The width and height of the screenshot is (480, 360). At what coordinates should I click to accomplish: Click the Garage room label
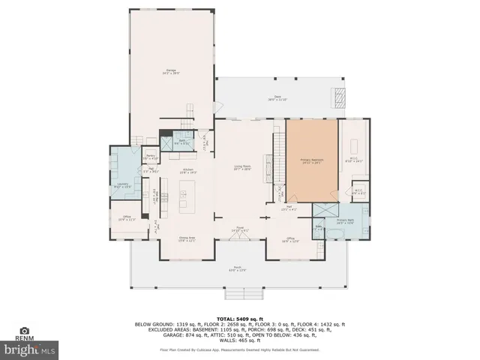172,72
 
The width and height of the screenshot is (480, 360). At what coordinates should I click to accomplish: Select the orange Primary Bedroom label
311,160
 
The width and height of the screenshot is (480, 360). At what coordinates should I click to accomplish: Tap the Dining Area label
187,239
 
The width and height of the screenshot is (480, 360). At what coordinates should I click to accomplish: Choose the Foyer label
241,229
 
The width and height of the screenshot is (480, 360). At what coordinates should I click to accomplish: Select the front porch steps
238,293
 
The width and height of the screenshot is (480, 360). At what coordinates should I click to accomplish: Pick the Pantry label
151,157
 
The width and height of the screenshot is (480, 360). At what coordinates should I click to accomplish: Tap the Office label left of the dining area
127,219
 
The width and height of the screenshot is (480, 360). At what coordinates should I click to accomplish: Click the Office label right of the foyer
291,240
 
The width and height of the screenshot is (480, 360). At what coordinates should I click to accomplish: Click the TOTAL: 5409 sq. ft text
239,318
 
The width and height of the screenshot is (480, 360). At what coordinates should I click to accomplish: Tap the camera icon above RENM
24,331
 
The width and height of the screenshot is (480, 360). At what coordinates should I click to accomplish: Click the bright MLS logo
30,349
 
